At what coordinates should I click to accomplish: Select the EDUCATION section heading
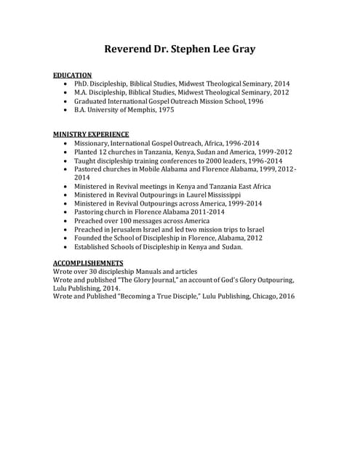73,75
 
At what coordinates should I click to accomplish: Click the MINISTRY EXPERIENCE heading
91,134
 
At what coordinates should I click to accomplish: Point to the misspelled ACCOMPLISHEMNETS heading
88,262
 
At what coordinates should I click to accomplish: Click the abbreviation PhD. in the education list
81,84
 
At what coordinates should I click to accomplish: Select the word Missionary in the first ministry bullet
91,143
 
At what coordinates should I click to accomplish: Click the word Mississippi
220,195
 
